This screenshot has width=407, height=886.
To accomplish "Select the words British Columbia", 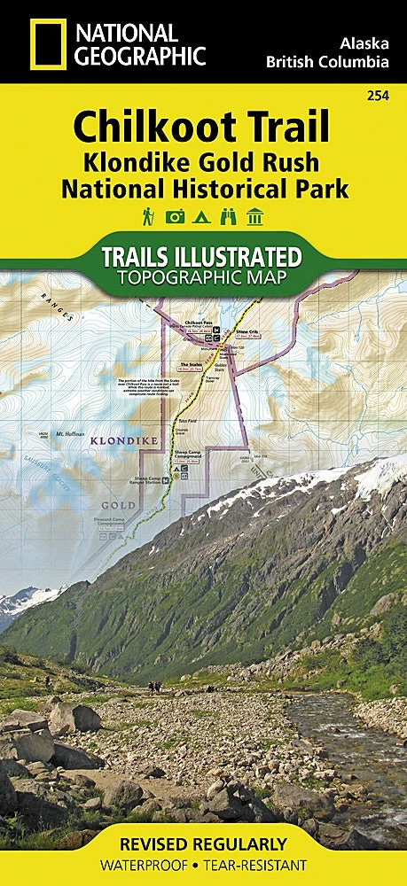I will [327, 62].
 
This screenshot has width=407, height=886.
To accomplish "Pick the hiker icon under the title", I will [147, 215].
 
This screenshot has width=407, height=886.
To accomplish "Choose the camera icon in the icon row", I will [176, 215].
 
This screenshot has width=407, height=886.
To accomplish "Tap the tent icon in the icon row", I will [203, 215].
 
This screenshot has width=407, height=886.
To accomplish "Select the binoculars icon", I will [231, 215].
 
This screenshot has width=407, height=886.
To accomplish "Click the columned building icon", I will [258, 215].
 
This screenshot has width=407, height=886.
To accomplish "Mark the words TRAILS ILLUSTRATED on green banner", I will [202, 257].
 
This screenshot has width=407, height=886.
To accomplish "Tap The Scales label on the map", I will [192, 364].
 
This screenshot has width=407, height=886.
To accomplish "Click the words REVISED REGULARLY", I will [204, 843].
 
